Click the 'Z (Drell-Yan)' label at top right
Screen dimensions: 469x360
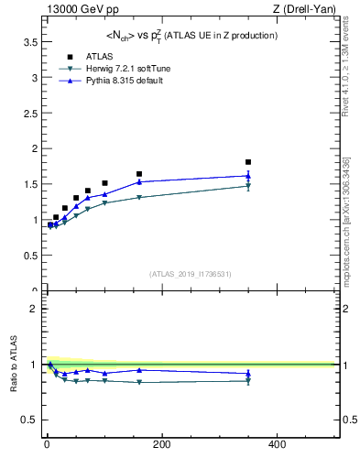pos(311,10)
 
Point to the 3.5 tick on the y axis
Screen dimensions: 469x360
pos(28,42)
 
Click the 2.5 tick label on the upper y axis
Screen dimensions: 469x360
pos(28,114)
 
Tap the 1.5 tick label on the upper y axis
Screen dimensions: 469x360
pos(28,184)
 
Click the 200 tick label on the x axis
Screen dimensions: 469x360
pos(161,445)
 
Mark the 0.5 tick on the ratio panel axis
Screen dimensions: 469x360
pos(28,420)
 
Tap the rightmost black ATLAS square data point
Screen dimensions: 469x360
pos(248,162)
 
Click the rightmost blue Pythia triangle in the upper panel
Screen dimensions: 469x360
pos(248,176)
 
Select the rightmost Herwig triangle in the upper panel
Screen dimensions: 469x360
pos(248,186)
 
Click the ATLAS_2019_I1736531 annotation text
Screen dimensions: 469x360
pos(191,273)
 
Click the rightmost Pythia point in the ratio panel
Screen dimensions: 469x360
pos(248,373)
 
